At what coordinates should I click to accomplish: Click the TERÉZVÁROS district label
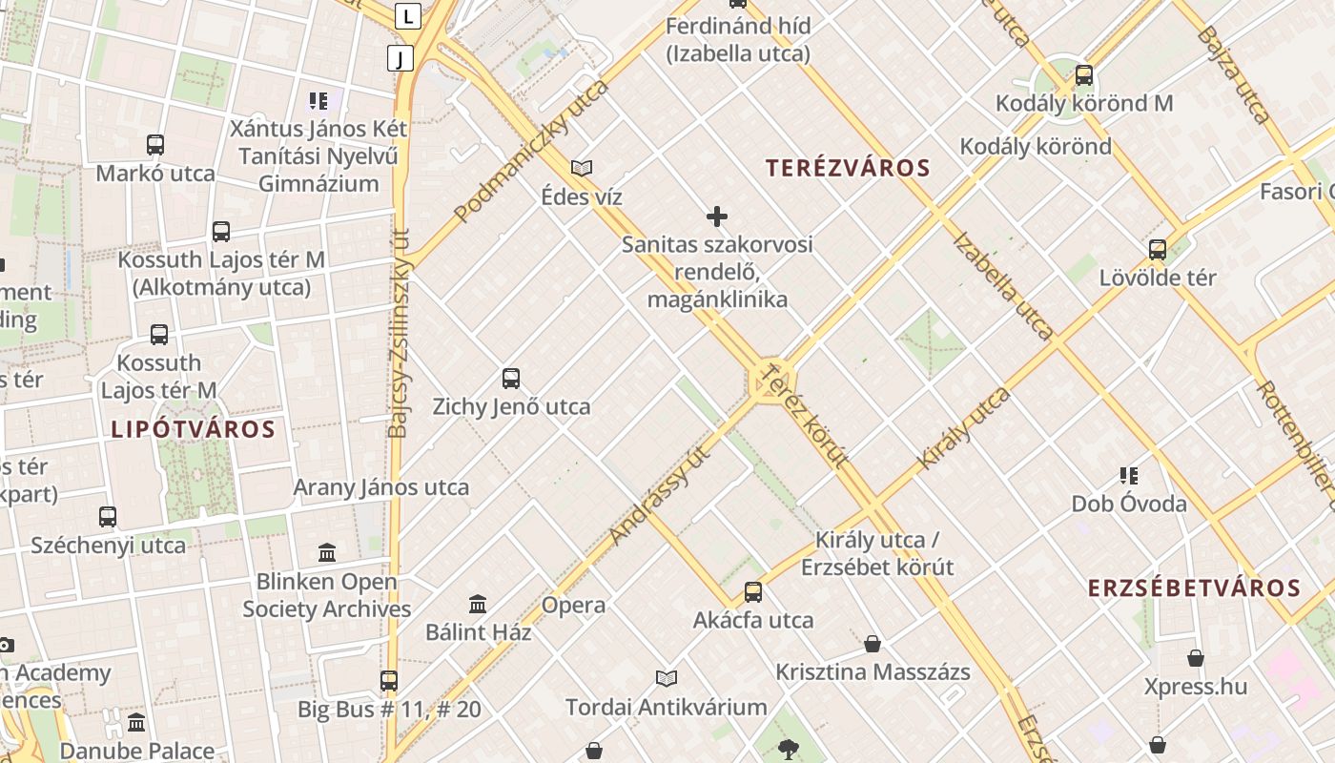(848, 169)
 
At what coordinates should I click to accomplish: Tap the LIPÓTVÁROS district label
(193, 429)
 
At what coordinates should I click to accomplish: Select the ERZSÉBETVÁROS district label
(1194, 588)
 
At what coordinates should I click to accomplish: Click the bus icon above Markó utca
(155, 145)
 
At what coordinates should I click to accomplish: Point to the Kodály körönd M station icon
(1083, 75)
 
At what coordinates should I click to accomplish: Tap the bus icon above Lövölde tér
(1158, 250)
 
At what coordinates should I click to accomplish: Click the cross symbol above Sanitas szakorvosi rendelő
(717, 217)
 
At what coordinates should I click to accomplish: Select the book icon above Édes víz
(582, 169)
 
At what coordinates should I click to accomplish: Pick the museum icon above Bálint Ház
(478, 604)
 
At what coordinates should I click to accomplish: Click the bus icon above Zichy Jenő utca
(511, 379)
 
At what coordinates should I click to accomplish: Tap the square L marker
(408, 15)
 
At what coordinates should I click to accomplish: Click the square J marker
(400, 58)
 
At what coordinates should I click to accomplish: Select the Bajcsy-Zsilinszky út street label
(399, 334)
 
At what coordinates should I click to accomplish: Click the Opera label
(573, 605)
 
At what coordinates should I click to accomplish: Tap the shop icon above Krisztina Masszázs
(872, 644)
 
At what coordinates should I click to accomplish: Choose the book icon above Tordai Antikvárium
(667, 678)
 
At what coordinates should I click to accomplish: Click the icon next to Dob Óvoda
(1129, 475)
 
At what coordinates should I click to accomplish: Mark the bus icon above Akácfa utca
(753, 592)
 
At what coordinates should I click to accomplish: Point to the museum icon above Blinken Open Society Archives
(327, 552)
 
